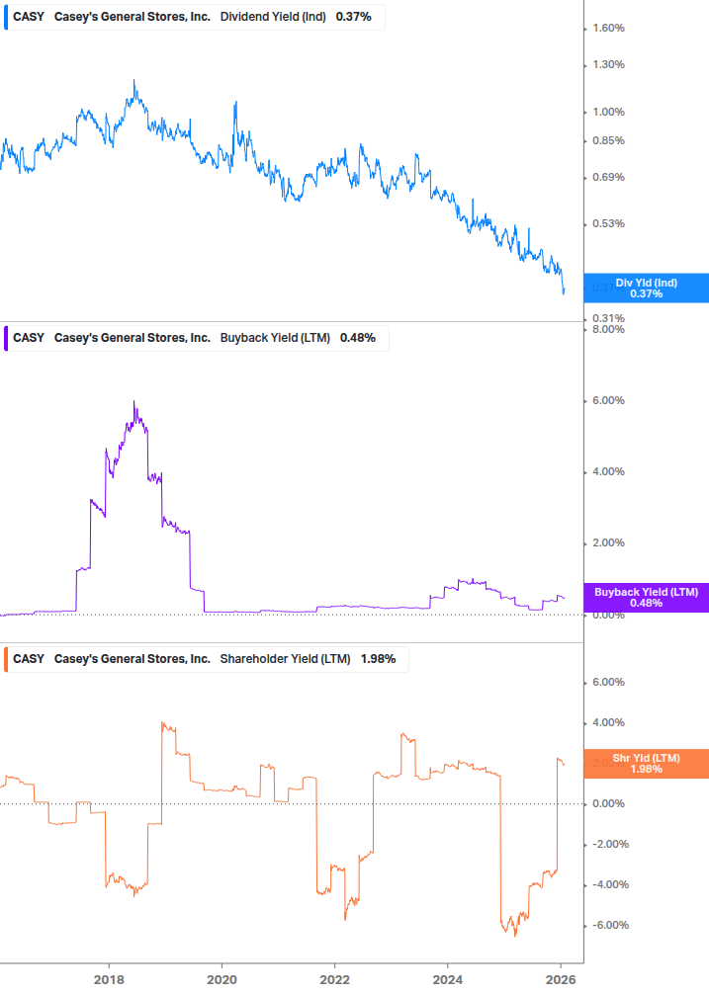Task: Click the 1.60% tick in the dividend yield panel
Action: click(608, 28)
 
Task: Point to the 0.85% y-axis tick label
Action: click(608, 140)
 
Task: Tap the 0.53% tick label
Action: click(608, 223)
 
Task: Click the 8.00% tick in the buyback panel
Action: click(608, 329)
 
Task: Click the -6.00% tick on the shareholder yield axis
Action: click(606, 925)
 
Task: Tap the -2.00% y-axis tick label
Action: click(606, 844)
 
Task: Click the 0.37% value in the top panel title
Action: click(353, 17)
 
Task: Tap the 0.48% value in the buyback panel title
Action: click(357, 338)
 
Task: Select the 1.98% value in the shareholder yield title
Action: click(378, 659)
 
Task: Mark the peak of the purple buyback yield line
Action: click(133, 401)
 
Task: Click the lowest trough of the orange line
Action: click(514, 936)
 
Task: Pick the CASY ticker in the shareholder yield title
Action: click(29, 659)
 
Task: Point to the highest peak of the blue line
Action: click(133, 81)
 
